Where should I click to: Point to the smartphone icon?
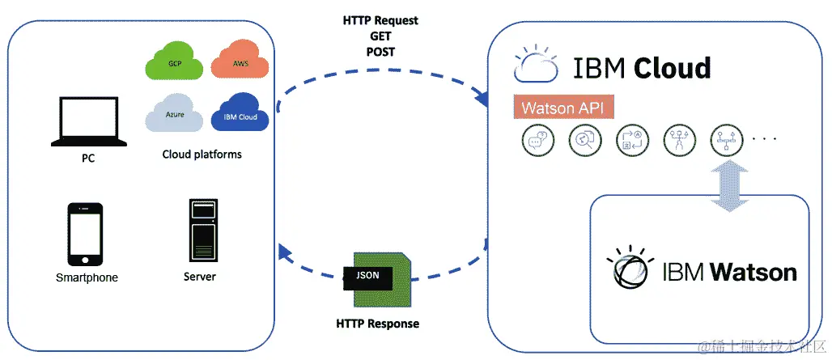click(85, 234)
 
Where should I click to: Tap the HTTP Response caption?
click(377, 324)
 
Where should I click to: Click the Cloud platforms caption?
click(202, 155)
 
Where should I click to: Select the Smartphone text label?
click(87, 277)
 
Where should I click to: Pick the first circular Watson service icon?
click(536, 142)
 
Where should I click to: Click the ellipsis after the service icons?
click(764, 139)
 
